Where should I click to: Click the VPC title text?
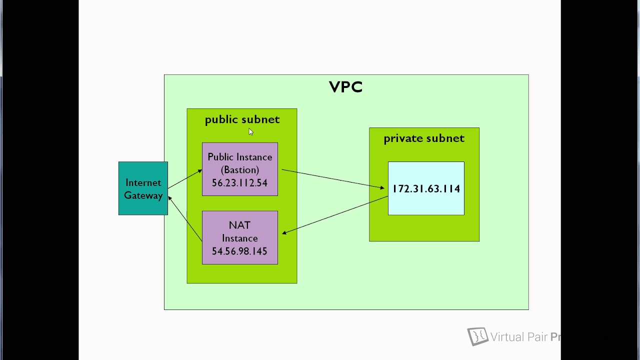click(x=345, y=87)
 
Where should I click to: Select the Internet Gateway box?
click(x=143, y=188)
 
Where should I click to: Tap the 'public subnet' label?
click(x=242, y=119)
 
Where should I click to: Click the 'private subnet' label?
click(x=423, y=138)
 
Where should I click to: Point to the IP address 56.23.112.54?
click(x=239, y=183)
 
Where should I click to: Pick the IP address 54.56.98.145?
click(x=239, y=251)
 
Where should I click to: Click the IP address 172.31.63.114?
click(x=426, y=189)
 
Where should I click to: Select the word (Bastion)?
click(x=239, y=170)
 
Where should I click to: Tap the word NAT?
click(x=239, y=225)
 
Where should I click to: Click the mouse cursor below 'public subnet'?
click(x=250, y=131)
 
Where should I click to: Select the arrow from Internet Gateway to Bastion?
click(x=185, y=179)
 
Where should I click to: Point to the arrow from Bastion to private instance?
click(x=332, y=179)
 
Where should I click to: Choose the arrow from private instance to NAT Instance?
click(x=335, y=215)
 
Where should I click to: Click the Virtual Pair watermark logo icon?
click(x=477, y=336)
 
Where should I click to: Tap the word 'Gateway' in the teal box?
click(x=143, y=195)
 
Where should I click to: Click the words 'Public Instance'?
click(x=239, y=157)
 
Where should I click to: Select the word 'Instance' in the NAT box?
click(x=239, y=238)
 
